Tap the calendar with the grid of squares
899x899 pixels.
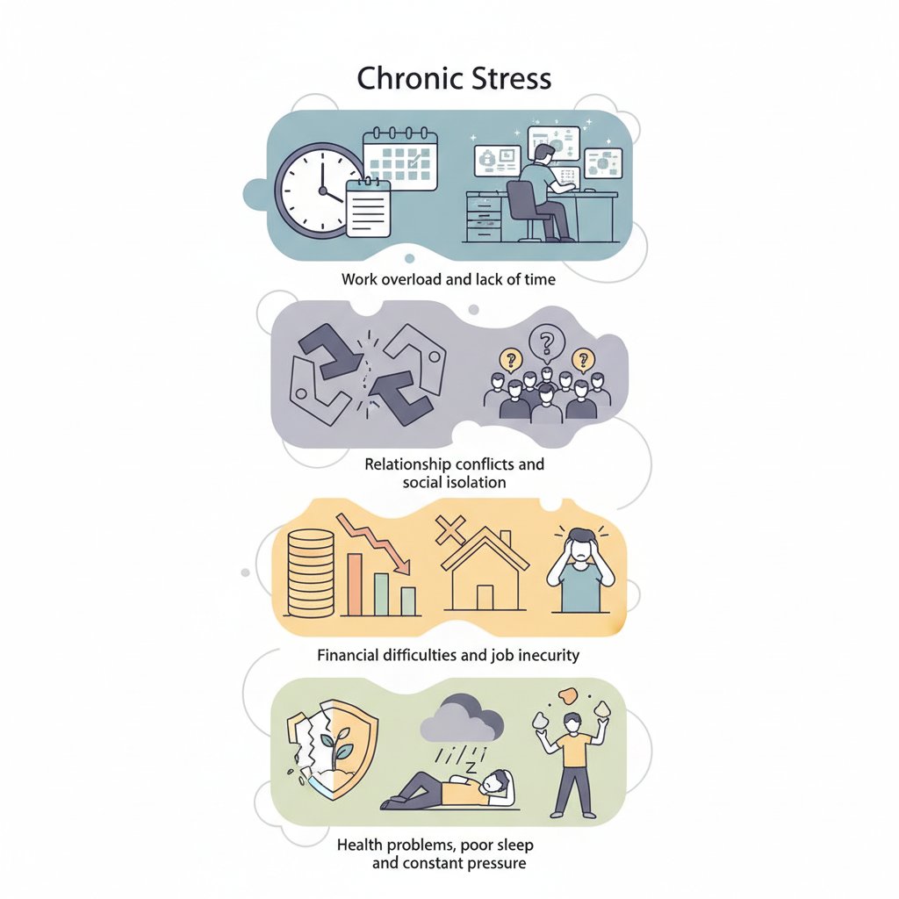coord(400,158)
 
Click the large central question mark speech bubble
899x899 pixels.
coord(546,343)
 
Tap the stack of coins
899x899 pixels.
coord(310,572)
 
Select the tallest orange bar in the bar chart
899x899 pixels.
coord(355,584)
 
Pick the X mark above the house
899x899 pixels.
coord(450,530)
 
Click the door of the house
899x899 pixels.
coord(485,597)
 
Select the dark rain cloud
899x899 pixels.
coord(462,718)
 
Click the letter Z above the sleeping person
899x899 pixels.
coord(471,767)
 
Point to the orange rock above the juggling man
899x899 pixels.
coord(568,695)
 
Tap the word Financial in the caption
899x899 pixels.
coord(348,655)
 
